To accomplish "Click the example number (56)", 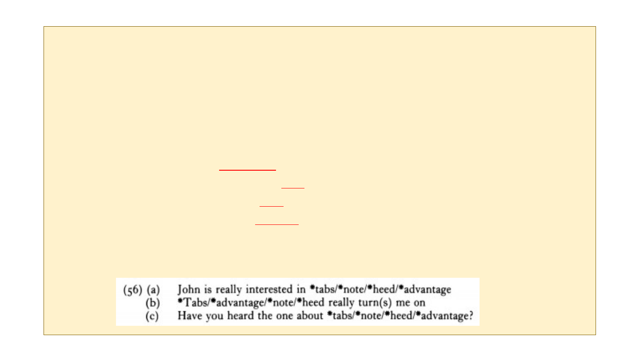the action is (x=132, y=290).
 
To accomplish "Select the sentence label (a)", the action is (x=153, y=290).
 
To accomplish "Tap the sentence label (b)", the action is (x=152, y=303).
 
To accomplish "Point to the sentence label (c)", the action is (x=152, y=316).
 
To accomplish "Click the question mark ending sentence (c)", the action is (x=471, y=316).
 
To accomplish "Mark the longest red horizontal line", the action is (x=248, y=170).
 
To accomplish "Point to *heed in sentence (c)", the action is (x=398, y=316).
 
